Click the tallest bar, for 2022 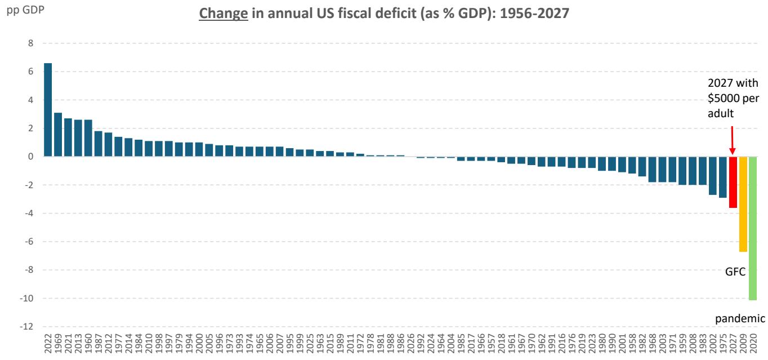coord(48,110)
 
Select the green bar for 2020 coord(753,228)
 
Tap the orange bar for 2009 coord(743,204)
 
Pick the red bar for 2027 coord(733,182)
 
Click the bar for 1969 coord(58,135)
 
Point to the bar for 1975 coord(723,177)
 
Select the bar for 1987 coord(99,144)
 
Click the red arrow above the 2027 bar coord(733,140)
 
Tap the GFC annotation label coord(735,272)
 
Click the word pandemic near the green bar coord(740,319)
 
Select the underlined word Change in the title coord(223,14)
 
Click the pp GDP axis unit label coord(25,10)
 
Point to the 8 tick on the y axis coord(31,43)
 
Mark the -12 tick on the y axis coord(26,326)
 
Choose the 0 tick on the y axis coord(31,157)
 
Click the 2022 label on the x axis coord(48,344)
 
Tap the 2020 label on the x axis coord(753,344)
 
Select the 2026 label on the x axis coord(410,344)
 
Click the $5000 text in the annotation coord(723,99)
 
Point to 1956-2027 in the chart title coord(534,14)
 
